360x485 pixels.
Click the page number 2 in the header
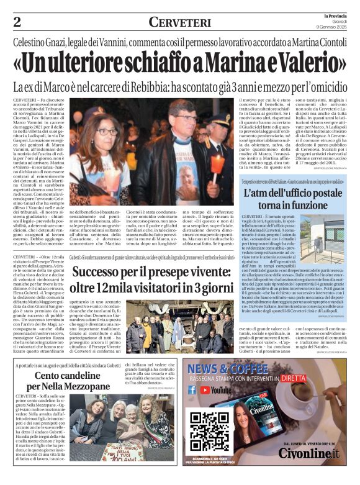(17, 23)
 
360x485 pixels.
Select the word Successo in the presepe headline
(102, 272)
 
